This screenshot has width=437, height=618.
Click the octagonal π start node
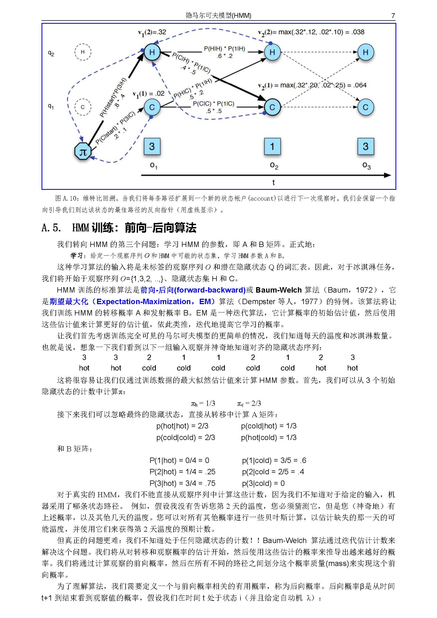[82, 152]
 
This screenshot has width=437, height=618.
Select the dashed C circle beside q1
[82, 107]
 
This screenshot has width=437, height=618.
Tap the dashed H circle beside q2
[82, 52]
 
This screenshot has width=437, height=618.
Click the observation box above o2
[272, 146]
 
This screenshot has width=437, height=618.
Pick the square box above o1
[152, 146]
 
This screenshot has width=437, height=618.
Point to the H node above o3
[365, 52]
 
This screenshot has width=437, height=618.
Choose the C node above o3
[365, 107]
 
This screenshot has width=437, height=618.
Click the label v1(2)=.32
[152, 32]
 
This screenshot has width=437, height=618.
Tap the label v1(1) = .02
[149, 94]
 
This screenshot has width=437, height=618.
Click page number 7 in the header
[393, 16]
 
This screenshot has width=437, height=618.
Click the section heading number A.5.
[51, 228]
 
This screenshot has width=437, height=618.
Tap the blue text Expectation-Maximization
[143, 301]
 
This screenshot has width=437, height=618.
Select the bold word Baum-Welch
[278, 290]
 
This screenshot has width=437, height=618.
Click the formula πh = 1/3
[203, 403]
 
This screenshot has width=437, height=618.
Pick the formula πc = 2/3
[249, 403]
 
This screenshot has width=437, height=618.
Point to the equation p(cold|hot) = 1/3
[269, 426]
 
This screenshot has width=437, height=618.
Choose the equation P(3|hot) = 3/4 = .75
[182, 483]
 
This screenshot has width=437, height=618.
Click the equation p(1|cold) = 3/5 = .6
[274, 460]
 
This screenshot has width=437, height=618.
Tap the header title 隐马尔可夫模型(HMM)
[218, 16]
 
